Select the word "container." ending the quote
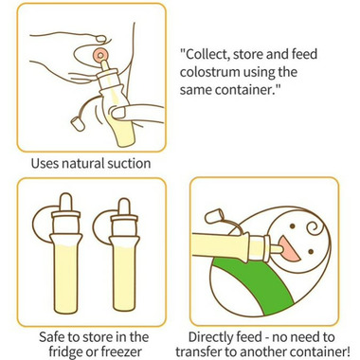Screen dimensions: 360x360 (243, 90)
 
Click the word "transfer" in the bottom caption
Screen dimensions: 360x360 (196, 351)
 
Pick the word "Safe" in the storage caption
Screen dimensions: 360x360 (53, 337)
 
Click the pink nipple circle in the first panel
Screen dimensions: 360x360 (100, 56)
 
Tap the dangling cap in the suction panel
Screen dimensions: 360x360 (77, 124)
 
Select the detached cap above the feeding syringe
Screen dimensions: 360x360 (214, 217)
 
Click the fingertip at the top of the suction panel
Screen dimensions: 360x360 (101, 39)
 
